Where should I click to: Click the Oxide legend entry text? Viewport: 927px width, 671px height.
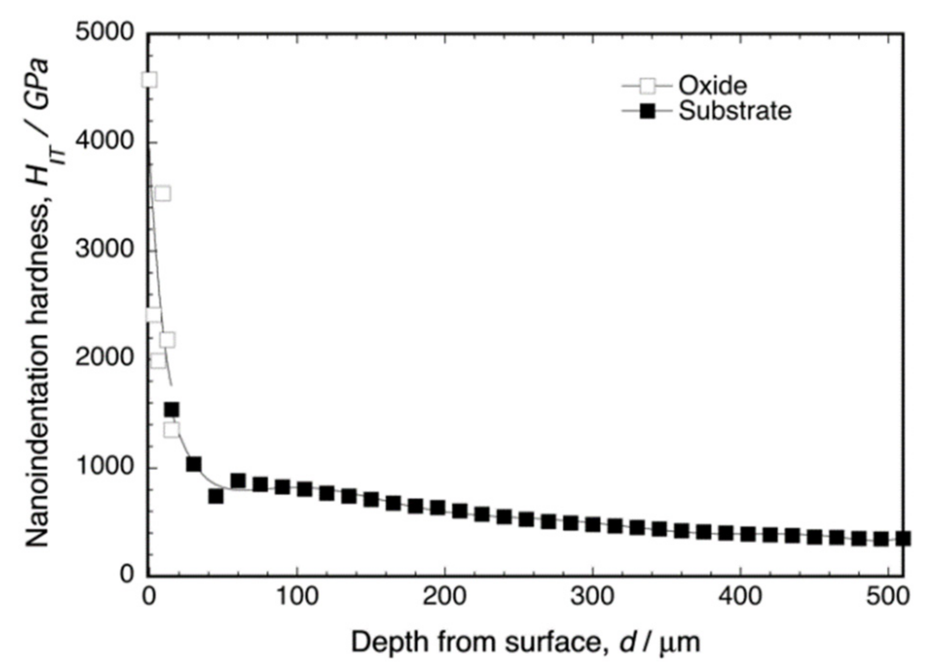(712, 86)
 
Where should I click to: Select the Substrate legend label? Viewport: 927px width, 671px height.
(734, 111)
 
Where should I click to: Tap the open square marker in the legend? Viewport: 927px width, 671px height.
(647, 87)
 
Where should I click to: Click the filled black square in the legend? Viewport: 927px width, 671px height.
(647, 111)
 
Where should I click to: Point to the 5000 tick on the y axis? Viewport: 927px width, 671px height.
(104, 33)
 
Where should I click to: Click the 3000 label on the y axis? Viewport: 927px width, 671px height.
(104, 249)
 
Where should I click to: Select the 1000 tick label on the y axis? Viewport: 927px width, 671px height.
(104, 466)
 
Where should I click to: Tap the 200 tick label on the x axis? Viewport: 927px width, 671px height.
(444, 597)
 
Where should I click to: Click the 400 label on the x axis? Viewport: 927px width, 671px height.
(740, 597)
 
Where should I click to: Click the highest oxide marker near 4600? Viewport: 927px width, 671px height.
(149, 80)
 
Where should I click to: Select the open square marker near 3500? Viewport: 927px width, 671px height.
(163, 194)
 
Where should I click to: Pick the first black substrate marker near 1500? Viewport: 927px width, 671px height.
(171, 410)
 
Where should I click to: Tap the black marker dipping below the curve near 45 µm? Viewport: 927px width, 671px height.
(216, 496)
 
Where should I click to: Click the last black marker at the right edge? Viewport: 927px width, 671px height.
(903, 538)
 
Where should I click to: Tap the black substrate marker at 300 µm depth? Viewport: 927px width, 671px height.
(592, 525)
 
